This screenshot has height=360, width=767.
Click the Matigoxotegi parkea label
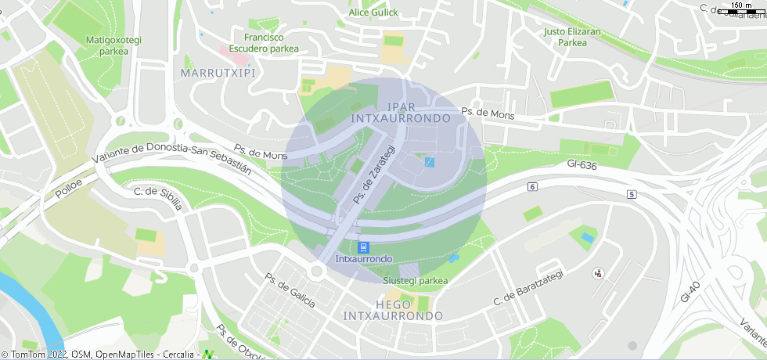pos(106,45)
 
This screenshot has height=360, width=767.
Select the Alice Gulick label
pos(373,13)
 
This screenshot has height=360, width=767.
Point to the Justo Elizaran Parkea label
pos(572,38)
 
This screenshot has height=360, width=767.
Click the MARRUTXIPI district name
pos(218,73)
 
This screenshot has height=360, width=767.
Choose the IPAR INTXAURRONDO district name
pos(402,112)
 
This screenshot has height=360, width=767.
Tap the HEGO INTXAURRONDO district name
pos(393,310)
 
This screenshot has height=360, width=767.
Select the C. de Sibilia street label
pos(159,199)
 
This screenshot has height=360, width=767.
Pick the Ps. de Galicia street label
pos(290,290)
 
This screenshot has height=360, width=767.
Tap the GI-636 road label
pos(582,166)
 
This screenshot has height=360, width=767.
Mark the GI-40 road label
pos(690,290)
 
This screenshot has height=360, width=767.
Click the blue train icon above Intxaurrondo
pos(363,247)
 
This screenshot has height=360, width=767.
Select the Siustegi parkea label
pos(416,280)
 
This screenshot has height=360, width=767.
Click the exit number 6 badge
pos(532,186)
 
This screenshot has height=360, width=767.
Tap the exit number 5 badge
pos(632,194)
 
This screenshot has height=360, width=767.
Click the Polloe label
pos(69,187)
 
